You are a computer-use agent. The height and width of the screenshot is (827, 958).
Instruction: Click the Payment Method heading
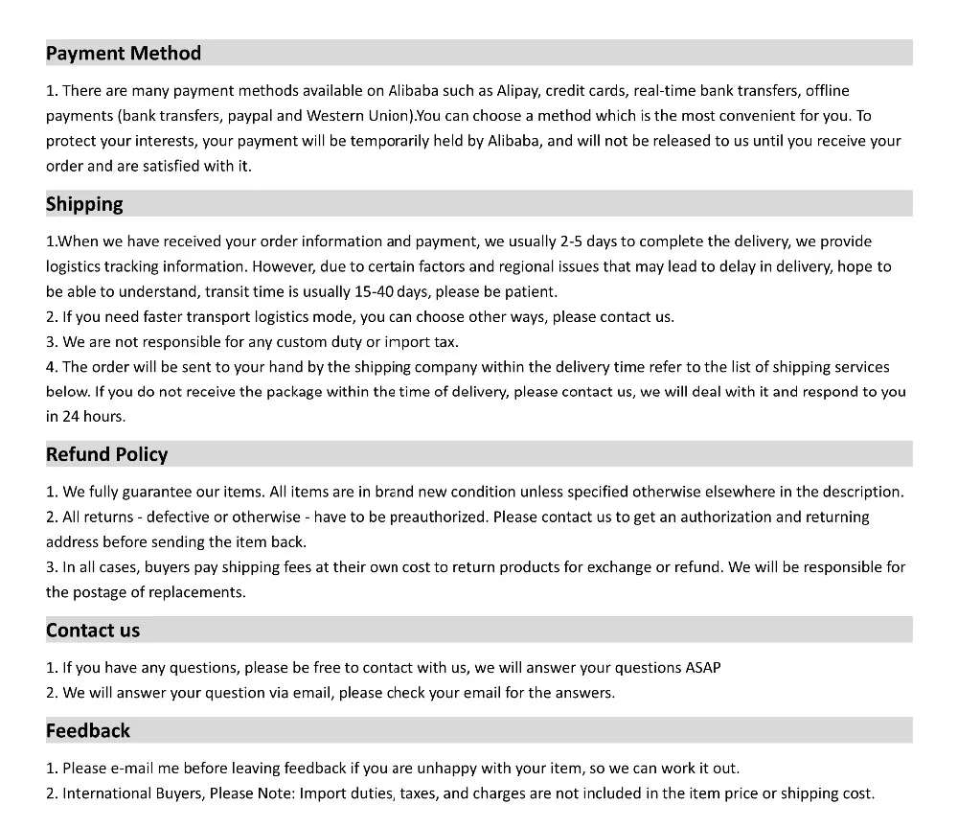click(x=124, y=54)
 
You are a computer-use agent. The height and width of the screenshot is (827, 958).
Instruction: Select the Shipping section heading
click(x=84, y=204)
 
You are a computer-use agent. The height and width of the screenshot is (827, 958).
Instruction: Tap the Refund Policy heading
click(x=106, y=454)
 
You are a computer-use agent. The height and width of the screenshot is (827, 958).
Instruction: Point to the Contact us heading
click(x=93, y=630)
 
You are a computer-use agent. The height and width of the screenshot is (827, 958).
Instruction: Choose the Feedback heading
click(x=88, y=730)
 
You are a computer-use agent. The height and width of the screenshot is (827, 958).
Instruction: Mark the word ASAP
click(x=703, y=667)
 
